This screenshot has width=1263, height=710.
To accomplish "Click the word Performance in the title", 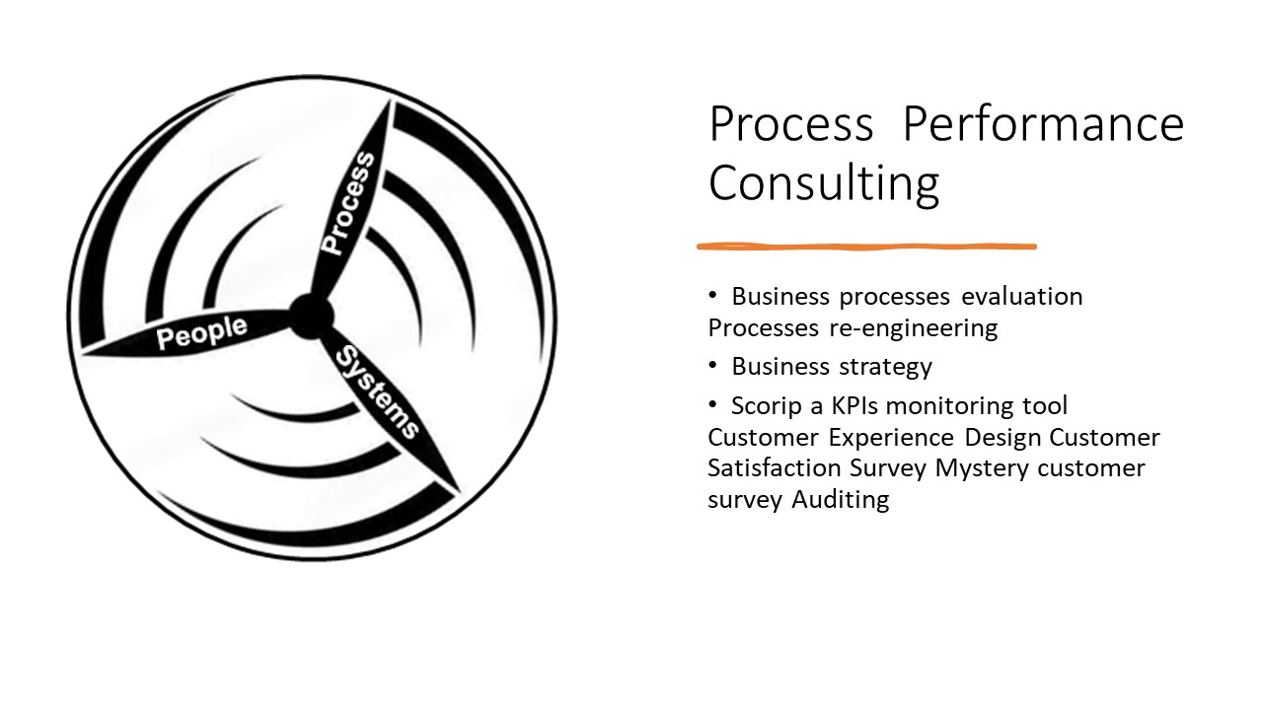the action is click(1043, 124).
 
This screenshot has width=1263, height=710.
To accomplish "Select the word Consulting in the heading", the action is click(824, 183).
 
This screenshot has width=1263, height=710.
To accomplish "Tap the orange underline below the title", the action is click(866, 247).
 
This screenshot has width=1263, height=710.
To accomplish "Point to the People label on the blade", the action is click(202, 332).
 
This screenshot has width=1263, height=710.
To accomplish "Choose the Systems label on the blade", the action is click(377, 391).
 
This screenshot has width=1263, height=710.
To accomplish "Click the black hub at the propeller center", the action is click(311, 317).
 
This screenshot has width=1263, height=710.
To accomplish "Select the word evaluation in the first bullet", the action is click(1021, 297).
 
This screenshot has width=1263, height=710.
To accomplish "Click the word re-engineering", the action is click(914, 328).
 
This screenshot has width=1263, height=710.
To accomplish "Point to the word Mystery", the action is click(982, 468).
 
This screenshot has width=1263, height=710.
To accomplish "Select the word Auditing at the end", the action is click(841, 500).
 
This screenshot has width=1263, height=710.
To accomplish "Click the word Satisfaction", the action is click(775, 468).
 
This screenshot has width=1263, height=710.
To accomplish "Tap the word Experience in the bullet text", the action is click(891, 439).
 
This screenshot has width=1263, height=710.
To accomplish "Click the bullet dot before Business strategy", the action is click(712, 365).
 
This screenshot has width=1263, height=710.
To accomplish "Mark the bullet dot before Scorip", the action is click(712, 404).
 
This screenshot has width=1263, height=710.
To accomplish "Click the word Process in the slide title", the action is click(791, 124).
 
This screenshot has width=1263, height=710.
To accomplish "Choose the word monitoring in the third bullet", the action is click(949, 407).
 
